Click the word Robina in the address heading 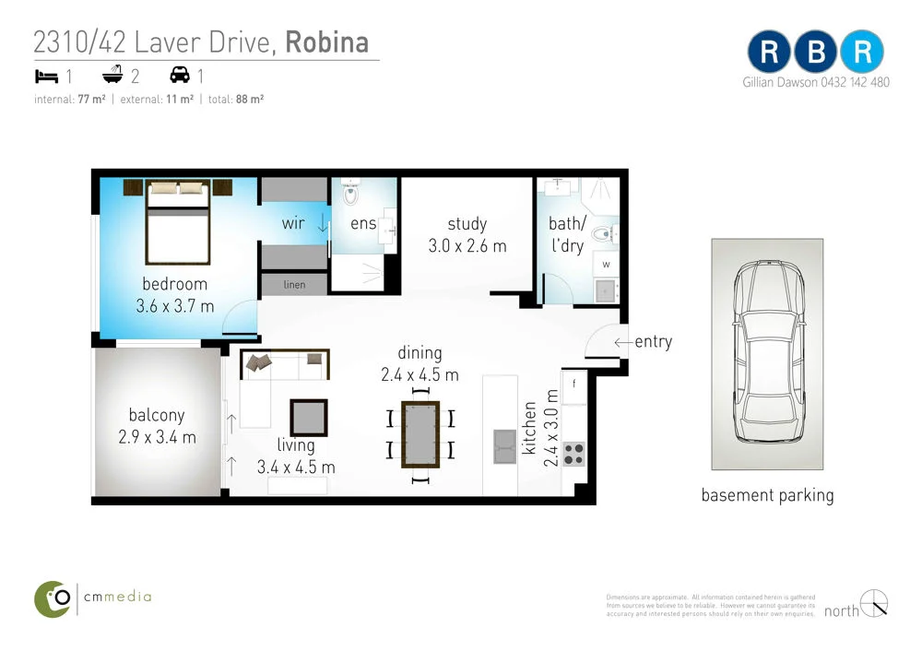point(327,42)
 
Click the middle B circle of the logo point(816,53)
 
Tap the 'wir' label point(293,223)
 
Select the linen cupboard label point(294,285)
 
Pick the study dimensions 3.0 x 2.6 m point(467,246)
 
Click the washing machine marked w point(607,264)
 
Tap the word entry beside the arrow point(653,342)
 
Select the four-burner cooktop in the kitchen point(573,454)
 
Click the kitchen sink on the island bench point(504,445)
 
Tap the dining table point(420,433)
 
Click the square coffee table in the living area point(309,417)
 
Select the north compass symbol point(873,602)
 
